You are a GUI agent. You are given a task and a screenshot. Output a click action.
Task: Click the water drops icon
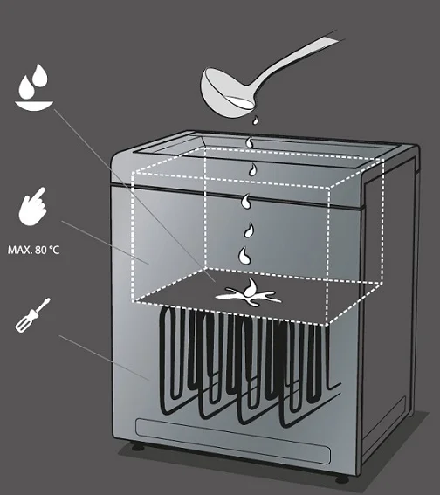pos(34,87)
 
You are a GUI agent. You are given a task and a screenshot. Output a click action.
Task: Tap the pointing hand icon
pos(33,207)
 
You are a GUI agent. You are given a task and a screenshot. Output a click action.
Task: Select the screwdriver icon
pos(33,315)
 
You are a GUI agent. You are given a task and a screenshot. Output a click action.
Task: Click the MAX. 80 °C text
pos(33,251)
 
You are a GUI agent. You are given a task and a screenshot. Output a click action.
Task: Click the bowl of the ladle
pos(226,93)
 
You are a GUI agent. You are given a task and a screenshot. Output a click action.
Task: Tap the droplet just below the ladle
pos(255,120)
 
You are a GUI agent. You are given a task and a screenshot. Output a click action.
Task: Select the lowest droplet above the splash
pos(245,256)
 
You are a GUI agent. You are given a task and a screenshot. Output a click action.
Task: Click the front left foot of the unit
pos(138,446)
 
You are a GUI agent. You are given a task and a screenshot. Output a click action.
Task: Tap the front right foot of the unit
pos(342,478)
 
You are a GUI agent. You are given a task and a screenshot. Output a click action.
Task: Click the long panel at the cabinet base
pos(233,441)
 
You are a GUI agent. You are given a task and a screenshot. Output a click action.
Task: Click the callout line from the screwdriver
pos(104,358)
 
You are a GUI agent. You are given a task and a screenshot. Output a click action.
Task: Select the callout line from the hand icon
pos(105,243)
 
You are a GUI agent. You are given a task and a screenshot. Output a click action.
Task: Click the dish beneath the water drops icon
pos(34,106)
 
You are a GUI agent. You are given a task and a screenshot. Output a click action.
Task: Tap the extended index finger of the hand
pos(40,194)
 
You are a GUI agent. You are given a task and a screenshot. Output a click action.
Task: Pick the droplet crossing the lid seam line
pos(246,202)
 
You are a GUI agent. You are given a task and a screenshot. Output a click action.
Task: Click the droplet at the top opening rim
pos(251,142)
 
